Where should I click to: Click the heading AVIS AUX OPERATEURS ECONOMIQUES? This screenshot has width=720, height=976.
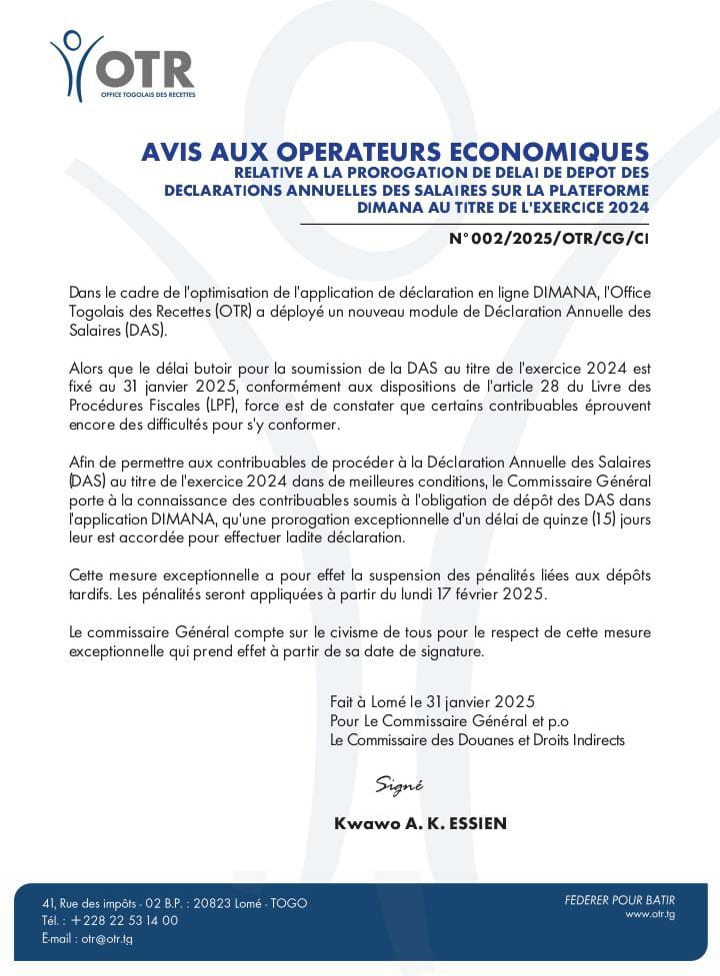tap(395, 153)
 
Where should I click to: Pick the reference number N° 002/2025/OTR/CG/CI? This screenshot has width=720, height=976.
tap(549, 240)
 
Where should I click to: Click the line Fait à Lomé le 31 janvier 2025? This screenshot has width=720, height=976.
tap(432, 702)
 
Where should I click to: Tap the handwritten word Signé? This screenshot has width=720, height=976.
tap(398, 785)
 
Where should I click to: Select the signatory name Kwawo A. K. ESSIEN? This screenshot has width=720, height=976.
tap(421, 823)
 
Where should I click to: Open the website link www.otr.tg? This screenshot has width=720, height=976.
tap(650, 914)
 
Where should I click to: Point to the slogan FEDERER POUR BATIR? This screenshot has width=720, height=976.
tap(619, 900)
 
